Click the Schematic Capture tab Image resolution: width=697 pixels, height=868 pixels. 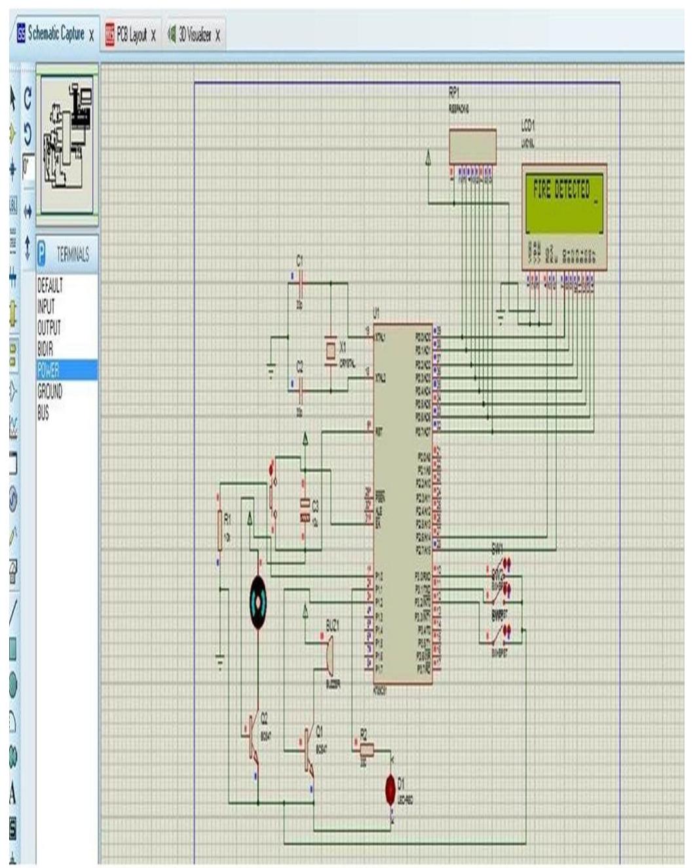(56, 35)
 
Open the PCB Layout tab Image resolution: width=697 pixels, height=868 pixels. (131, 35)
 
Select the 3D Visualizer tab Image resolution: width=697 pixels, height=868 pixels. (195, 35)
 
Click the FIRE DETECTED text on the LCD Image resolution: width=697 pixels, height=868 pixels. (561, 191)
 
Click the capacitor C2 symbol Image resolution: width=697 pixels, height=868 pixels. (300, 392)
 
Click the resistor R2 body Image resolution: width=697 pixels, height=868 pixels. (366, 749)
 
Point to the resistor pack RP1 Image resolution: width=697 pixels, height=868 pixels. (472, 146)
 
